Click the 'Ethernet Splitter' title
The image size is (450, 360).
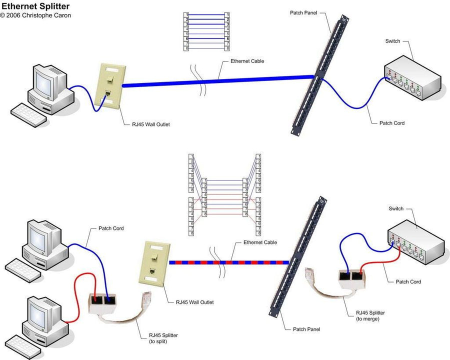click(x=35, y=6)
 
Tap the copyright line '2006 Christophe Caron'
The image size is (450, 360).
click(x=38, y=15)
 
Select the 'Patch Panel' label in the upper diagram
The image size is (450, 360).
click(x=303, y=12)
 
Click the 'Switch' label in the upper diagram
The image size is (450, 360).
click(x=392, y=41)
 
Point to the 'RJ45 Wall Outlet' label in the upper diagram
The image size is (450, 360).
click(x=150, y=124)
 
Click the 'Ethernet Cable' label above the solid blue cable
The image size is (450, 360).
click(x=247, y=61)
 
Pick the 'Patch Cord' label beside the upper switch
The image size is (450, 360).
click(x=391, y=123)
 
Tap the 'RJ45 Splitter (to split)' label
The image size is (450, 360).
click(x=163, y=338)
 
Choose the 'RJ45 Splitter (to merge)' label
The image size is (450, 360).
click(x=370, y=316)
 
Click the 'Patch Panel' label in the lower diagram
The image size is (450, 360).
click(x=306, y=329)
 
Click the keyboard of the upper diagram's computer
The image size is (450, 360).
click(x=28, y=115)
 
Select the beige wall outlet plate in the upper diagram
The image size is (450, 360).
click(x=110, y=86)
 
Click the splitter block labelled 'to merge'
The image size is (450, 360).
click(x=351, y=278)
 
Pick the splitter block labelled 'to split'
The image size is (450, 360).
click(x=102, y=303)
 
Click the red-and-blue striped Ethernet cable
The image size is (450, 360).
click(x=229, y=262)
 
